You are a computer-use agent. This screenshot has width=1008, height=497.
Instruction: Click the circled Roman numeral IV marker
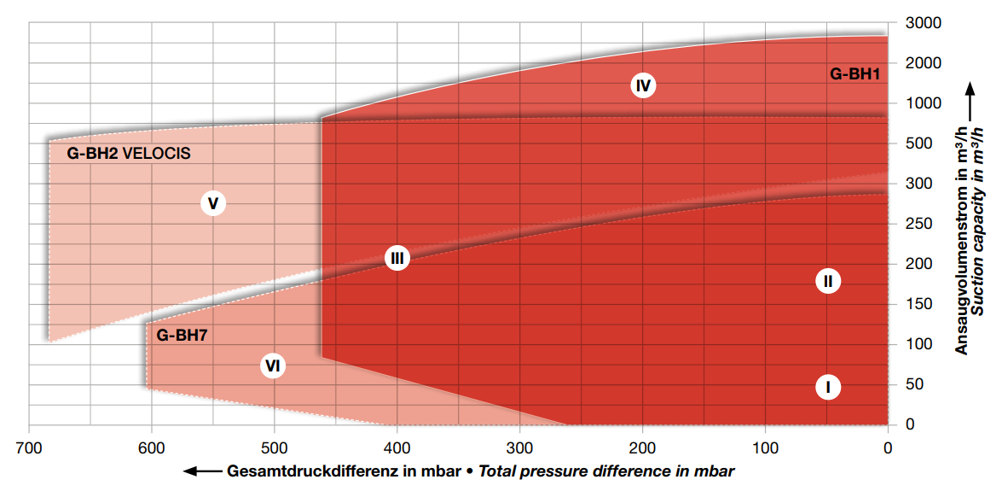(x=643, y=85)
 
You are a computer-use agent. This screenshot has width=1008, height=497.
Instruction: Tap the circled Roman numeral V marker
(x=213, y=203)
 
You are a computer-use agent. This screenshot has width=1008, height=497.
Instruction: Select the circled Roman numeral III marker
(x=397, y=257)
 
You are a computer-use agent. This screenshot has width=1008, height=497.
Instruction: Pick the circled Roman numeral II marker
(x=827, y=280)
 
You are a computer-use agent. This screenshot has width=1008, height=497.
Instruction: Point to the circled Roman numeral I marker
(x=827, y=387)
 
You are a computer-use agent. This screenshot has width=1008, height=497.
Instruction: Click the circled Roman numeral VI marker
(x=273, y=366)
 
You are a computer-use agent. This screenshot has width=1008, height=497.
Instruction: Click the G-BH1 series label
(x=854, y=74)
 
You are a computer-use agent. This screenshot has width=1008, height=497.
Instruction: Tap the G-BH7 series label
(x=182, y=336)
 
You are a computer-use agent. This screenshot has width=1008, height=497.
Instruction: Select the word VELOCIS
(x=157, y=155)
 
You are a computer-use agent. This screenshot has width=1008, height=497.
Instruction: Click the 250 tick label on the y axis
(x=915, y=224)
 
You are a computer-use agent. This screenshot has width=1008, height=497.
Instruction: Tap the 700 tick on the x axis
(x=29, y=446)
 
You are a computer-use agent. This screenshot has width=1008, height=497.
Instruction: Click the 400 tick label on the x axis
(x=397, y=446)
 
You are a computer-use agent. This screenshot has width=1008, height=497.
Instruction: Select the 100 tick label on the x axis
(x=765, y=446)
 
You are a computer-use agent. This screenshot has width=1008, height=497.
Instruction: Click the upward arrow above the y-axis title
(x=970, y=94)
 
